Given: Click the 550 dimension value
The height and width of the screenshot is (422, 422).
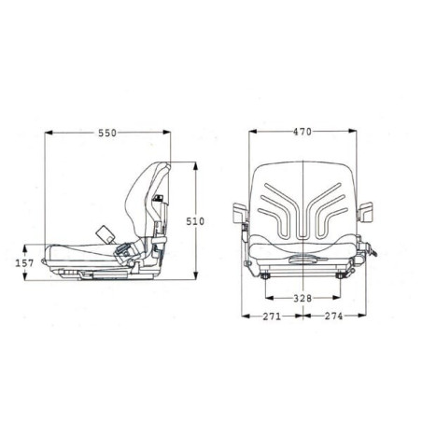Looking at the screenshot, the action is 107,133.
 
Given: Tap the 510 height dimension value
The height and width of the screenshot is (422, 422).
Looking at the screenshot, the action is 195,221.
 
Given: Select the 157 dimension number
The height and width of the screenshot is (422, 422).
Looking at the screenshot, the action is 24,263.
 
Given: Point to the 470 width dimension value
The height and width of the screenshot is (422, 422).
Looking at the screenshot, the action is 302,132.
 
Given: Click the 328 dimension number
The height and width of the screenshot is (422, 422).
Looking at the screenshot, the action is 302,298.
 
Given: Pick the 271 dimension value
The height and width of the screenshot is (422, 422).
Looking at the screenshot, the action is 272,316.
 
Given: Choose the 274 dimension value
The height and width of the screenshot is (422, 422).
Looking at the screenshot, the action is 333,316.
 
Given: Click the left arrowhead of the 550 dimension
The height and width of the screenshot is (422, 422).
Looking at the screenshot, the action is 49,133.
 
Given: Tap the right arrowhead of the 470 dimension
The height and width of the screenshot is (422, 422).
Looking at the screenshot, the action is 353,132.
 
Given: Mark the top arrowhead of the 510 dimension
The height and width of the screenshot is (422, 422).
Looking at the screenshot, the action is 195,166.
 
